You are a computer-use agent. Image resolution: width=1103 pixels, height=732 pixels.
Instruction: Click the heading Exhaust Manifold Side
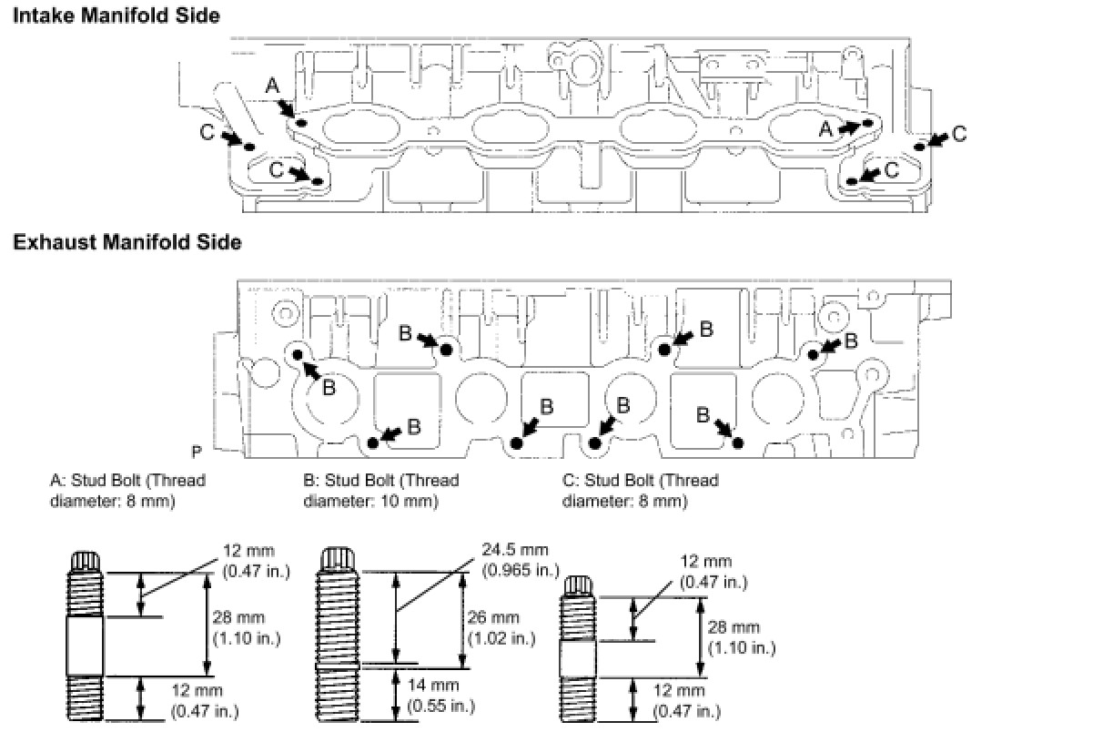click(x=126, y=242)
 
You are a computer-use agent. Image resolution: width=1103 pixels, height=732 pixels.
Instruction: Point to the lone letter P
click(x=197, y=451)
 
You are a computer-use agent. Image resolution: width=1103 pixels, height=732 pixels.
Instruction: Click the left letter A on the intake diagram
click(x=272, y=86)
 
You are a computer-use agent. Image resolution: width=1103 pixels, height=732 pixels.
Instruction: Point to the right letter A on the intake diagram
click(x=825, y=129)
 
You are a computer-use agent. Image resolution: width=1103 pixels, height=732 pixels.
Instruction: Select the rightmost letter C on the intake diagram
click(x=958, y=135)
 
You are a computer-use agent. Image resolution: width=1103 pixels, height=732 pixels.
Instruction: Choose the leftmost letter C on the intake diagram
click(x=207, y=133)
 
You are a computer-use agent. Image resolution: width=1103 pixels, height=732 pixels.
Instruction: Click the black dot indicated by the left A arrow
click(x=302, y=123)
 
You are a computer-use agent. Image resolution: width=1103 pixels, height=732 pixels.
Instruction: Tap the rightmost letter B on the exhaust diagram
click(x=851, y=341)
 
